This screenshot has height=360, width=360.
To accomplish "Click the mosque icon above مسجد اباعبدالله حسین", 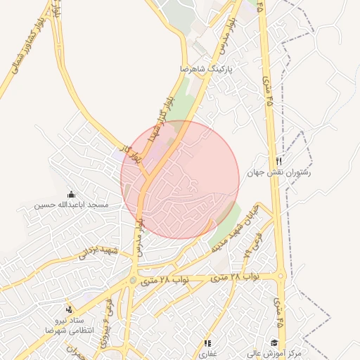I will [70, 194].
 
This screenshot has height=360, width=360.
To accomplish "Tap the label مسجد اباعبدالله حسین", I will [72, 205].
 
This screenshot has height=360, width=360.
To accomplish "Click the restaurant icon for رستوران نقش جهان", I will [279, 161].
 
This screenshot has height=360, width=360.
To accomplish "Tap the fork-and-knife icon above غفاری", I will [207, 343].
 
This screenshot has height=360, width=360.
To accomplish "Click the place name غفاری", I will [207, 354].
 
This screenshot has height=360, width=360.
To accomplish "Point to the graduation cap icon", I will [274, 342].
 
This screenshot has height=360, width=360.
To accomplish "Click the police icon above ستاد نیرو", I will [68, 309].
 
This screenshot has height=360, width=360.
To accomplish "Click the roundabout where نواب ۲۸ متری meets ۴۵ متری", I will [281, 277].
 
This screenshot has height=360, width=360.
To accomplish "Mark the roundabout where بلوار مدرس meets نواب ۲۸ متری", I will [133, 282].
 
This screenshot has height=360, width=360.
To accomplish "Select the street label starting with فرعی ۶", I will [109, 317].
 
